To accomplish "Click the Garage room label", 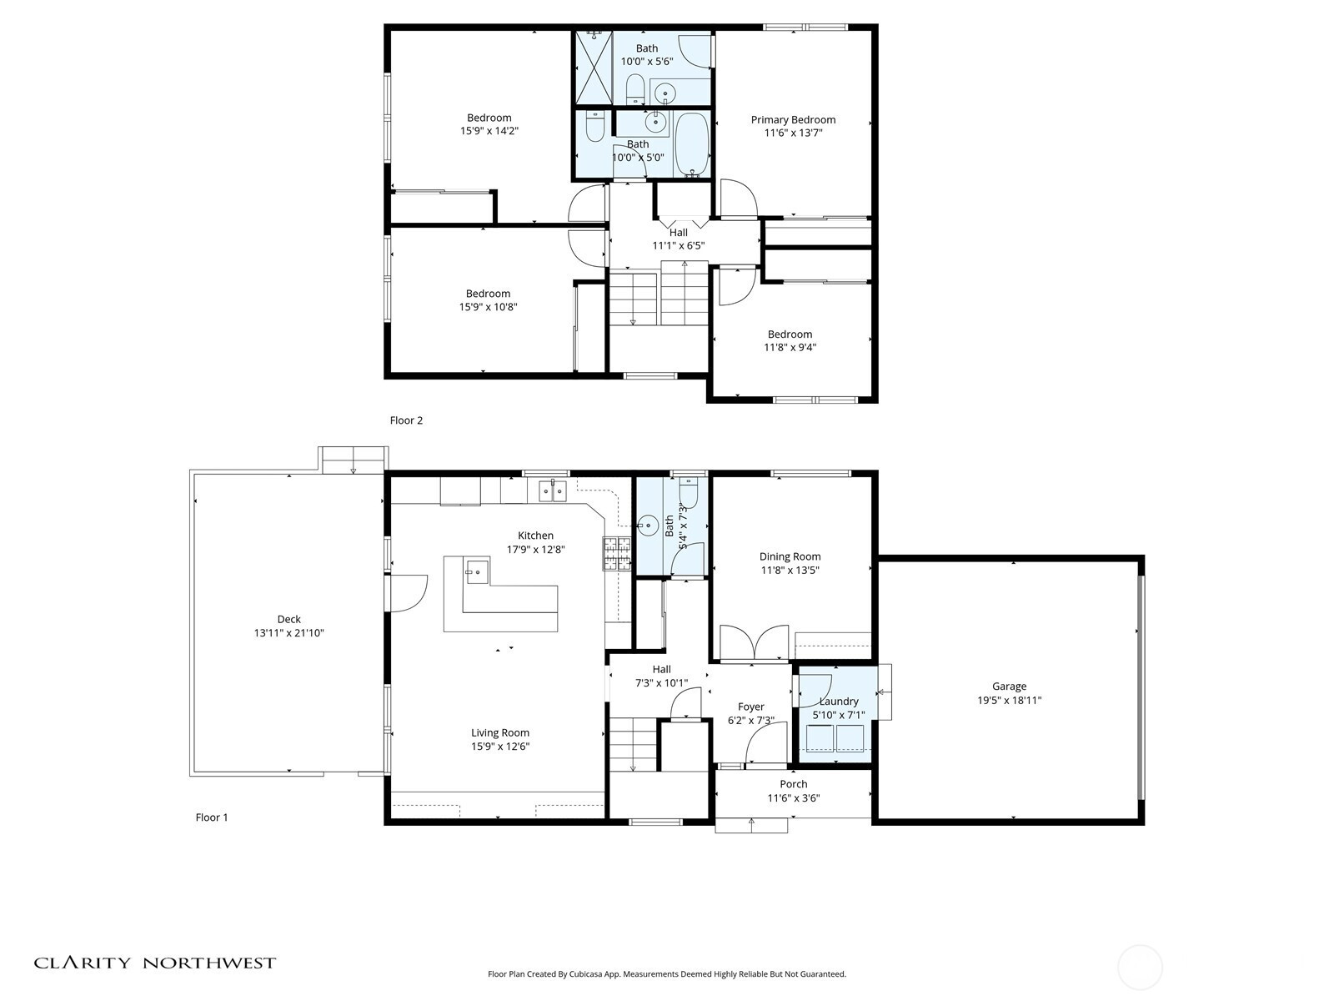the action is coord(1009,687).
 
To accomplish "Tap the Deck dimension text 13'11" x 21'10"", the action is coord(288,632).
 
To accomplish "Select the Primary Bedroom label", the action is coord(793,120).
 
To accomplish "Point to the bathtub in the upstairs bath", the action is coord(692,144).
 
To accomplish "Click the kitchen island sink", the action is coord(477,572).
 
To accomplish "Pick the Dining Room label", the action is coord(790,556).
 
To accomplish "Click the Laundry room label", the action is coord(839,701).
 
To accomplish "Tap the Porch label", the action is coord(793,784).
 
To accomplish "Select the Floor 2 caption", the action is coord(406,420).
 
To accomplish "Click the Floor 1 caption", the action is coord(212,817).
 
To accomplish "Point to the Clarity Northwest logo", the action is coord(154,963).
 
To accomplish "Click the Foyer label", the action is coord(750,707).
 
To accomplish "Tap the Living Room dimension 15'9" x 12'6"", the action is coord(500,747).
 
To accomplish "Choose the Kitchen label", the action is coord(535,536).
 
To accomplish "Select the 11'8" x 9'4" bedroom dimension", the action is coord(790,348).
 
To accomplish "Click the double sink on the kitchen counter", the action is coord(553,490).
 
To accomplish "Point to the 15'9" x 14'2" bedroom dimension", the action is coord(489,131).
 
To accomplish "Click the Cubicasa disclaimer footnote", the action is coord(667,974).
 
